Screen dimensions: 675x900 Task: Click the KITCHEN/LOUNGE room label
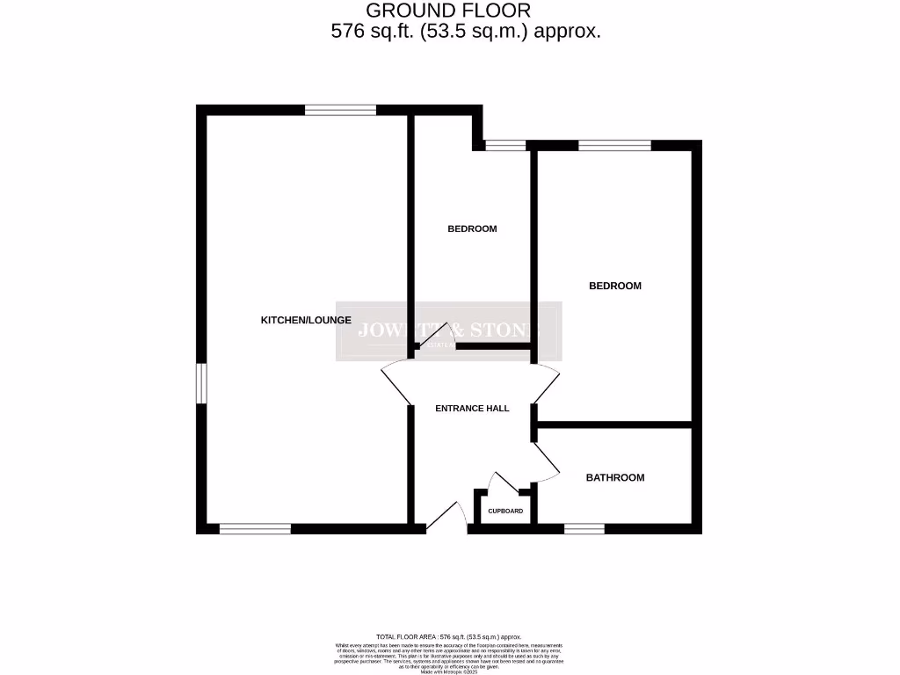click(x=306, y=320)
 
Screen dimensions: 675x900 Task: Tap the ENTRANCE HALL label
click(x=473, y=409)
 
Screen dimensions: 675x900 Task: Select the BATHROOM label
click(x=615, y=478)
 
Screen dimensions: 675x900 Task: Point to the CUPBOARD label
click(x=505, y=512)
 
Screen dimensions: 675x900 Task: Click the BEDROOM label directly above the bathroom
click(x=615, y=286)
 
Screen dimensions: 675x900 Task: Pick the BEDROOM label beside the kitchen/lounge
click(x=472, y=229)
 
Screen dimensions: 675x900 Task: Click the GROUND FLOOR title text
click(x=448, y=11)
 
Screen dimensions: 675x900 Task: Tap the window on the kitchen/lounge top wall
click(x=340, y=110)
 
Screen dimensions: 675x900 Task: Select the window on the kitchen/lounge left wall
click(x=200, y=383)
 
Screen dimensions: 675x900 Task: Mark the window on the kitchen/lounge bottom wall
click(x=255, y=528)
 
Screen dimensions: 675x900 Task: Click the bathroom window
click(x=584, y=528)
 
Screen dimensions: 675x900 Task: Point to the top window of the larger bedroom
click(x=614, y=145)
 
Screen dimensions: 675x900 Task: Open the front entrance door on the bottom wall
click(x=449, y=518)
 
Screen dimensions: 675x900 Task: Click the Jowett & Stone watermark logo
click(x=448, y=331)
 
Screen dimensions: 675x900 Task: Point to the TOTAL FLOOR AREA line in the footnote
click(x=448, y=636)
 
